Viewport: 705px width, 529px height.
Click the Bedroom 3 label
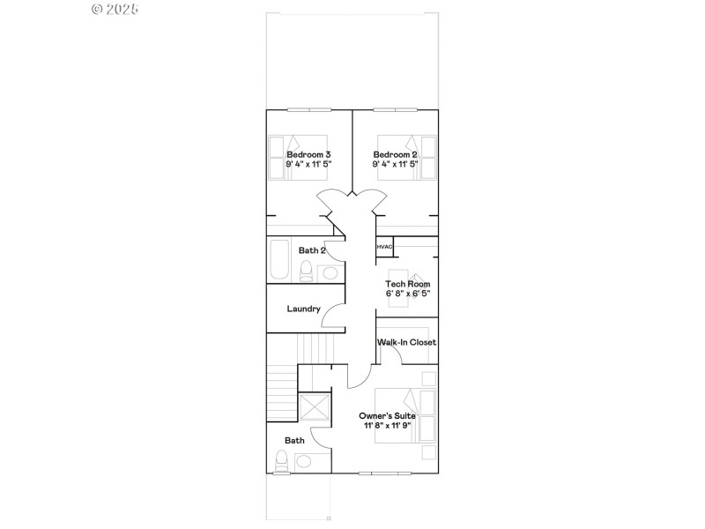308,153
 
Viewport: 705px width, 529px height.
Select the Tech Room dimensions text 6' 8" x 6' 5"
407,293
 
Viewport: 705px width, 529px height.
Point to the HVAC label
384,247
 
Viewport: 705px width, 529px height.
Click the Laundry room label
303,309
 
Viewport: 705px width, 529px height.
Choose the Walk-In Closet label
406,342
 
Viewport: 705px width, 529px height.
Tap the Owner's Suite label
388,414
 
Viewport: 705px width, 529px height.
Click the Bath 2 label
312,250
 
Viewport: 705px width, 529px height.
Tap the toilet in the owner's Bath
283,460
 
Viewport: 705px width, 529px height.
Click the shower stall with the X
315,407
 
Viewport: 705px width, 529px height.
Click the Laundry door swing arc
333,314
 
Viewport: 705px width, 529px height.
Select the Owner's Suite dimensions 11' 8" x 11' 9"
388,425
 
